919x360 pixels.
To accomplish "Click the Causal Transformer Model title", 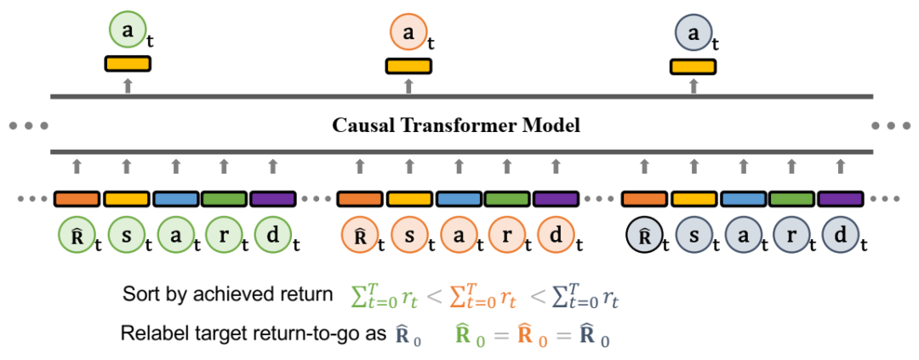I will [x=456, y=127].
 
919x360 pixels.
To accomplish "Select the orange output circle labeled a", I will [x=408, y=33].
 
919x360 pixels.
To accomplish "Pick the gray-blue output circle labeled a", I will [x=694, y=33].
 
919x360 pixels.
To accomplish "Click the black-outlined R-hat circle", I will [x=644, y=236].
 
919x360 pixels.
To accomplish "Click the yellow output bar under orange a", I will [x=409, y=65].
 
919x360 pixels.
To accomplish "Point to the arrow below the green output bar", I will [x=128, y=84].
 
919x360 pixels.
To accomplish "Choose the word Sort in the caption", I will [x=139, y=295].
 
